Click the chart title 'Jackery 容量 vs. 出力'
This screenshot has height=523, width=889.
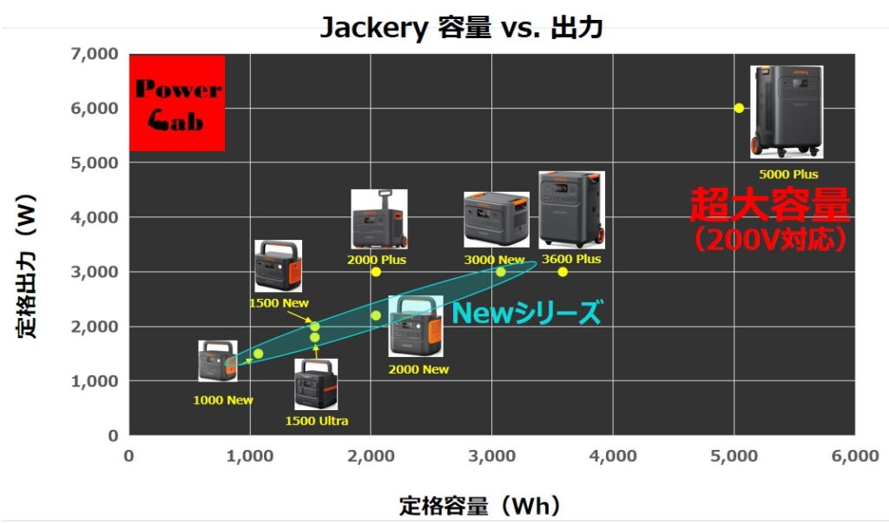tap(461, 27)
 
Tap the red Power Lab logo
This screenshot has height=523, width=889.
tap(177, 103)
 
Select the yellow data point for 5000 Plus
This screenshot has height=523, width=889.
tap(739, 108)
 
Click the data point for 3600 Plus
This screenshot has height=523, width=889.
tap(563, 272)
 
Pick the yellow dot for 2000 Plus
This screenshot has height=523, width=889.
tap(376, 272)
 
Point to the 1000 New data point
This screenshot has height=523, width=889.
tap(258, 354)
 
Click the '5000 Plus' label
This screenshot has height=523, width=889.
tap(788, 174)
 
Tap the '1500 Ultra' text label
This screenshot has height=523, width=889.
tap(316, 420)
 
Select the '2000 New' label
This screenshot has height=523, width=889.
tap(418, 369)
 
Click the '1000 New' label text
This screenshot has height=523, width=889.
tap(223, 400)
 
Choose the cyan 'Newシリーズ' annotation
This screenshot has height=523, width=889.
tap(525, 313)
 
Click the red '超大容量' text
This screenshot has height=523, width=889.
tap(770, 204)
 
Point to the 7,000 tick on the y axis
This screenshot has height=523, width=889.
tap(95, 54)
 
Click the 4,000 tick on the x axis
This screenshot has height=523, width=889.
tap(613, 455)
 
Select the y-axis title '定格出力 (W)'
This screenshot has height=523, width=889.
tap(27, 266)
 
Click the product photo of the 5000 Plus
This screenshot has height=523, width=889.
tap(787, 112)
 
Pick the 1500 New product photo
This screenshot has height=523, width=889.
tap(278, 266)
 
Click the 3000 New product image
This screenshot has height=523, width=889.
tap(496, 220)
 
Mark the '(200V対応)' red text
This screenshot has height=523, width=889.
tap(770, 240)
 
